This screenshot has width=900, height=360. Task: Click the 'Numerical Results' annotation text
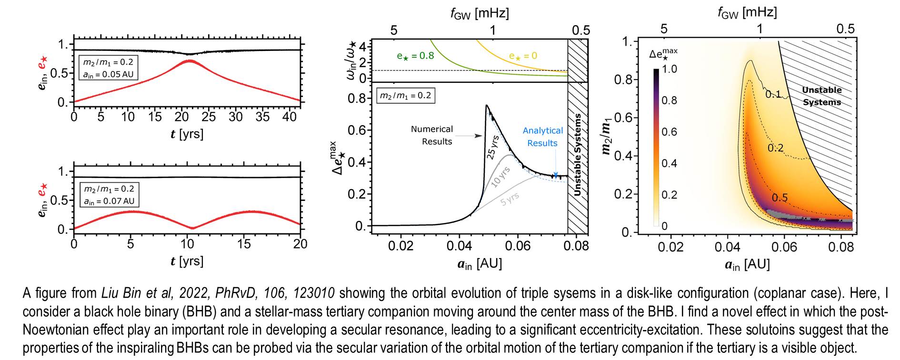[431, 135]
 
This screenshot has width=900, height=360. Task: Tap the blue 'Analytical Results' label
[542, 137]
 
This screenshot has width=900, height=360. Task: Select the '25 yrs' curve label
[493, 147]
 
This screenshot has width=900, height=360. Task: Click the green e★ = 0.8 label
[415, 56]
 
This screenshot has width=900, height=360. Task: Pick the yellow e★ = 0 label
[523, 56]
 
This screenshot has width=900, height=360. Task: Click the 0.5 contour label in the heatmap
[780, 198]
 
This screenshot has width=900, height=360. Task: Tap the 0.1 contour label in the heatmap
[773, 94]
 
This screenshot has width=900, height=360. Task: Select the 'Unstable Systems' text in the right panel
[821, 96]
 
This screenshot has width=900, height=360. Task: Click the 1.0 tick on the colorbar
[669, 69]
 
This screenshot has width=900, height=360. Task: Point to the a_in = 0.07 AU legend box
[109, 195]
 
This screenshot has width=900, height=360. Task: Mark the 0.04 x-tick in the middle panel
[459, 246]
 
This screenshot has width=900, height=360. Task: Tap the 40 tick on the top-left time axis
[290, 117]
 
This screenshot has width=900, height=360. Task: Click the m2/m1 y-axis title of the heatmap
[607, 136]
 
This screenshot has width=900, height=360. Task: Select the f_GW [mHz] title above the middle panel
[480, 13]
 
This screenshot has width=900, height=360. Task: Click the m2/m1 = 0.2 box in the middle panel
[405, 96]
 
